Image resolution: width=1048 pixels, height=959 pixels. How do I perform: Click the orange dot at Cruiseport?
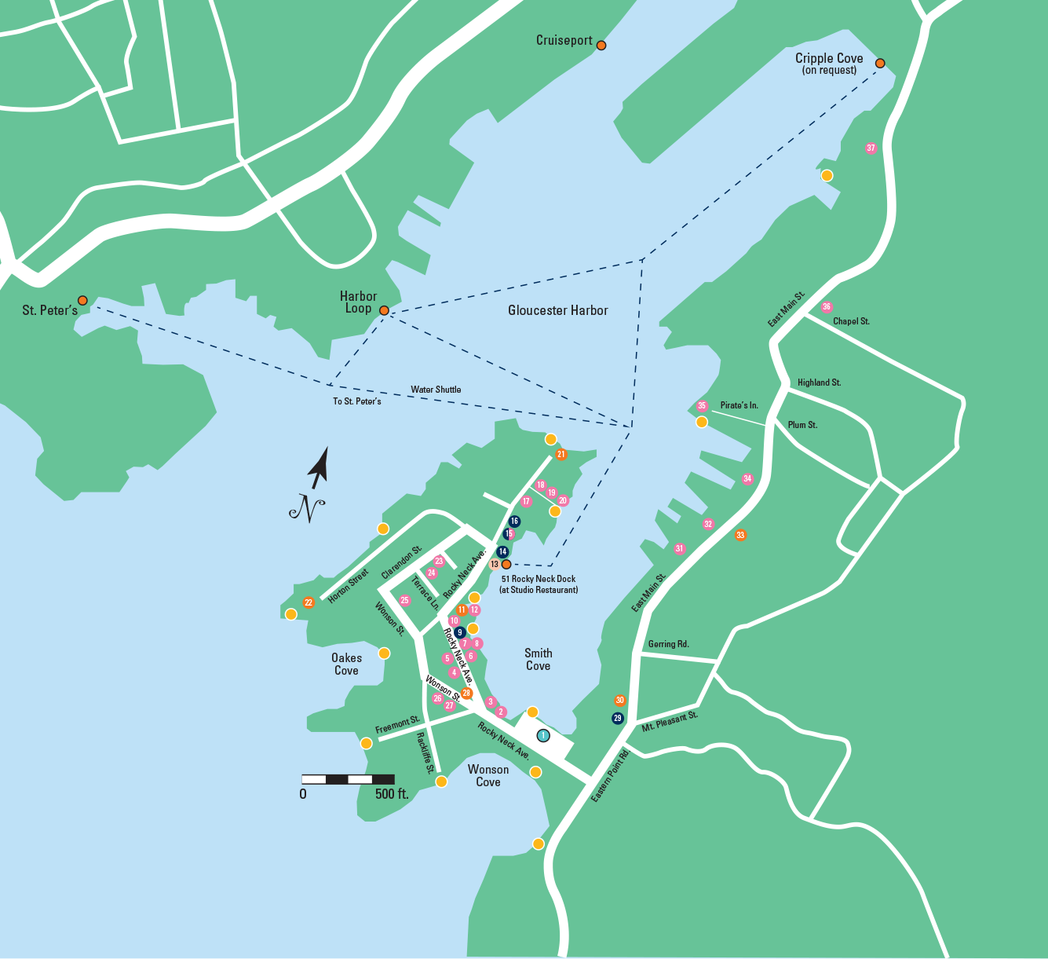(601, 46)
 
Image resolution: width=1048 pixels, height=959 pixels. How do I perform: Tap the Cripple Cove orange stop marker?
(880, 63)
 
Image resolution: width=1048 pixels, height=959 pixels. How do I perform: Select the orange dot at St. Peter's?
(82, 301)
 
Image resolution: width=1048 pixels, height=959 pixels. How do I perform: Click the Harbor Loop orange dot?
(384, 311)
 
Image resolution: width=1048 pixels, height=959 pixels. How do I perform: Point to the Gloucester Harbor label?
(557, 310)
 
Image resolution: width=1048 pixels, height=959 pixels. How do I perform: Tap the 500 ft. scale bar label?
(392, 794)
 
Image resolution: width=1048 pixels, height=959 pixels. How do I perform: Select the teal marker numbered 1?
(542, 736)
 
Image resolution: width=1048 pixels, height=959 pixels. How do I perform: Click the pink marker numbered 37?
(871, 148)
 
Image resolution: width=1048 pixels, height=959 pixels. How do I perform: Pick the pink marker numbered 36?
(827, 307)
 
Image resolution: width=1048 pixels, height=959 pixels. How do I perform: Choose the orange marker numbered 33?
(740, 536)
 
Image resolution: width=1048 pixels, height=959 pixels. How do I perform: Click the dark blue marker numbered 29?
(618, 718)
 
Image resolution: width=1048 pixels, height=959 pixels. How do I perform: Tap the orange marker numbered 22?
(309, 603)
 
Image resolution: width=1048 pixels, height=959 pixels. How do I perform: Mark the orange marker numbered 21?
(561, 455)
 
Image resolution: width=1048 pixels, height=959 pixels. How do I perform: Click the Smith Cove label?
(538, 659)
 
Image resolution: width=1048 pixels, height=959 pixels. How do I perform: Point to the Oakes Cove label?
(346, 664)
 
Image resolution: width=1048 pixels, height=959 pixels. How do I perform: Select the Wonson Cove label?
(487, 775)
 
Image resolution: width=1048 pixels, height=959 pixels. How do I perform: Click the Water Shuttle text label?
(436, 390)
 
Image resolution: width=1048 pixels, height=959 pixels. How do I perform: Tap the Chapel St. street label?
(851, 321)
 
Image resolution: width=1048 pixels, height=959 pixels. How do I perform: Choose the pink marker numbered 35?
(702, 406)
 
